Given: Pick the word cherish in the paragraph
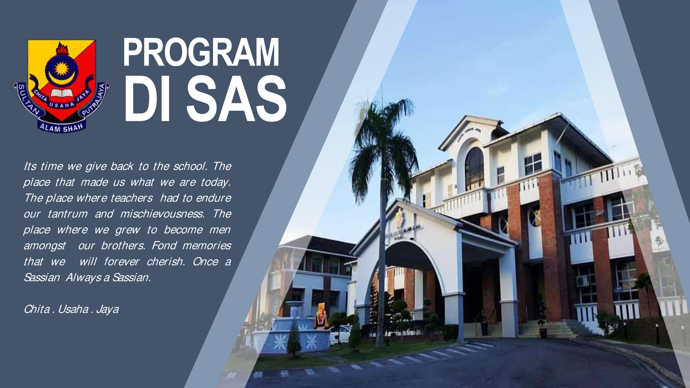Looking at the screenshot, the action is pos(166,261).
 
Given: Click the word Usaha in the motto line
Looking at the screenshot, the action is pos(73,309).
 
